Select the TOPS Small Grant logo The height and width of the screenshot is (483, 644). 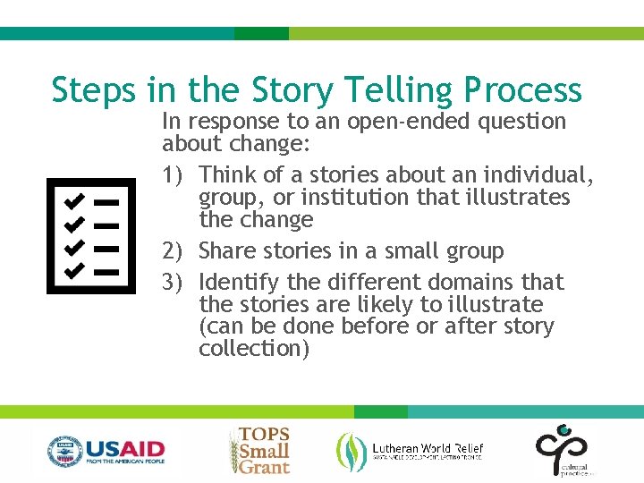260,450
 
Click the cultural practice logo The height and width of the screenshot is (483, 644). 562,450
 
